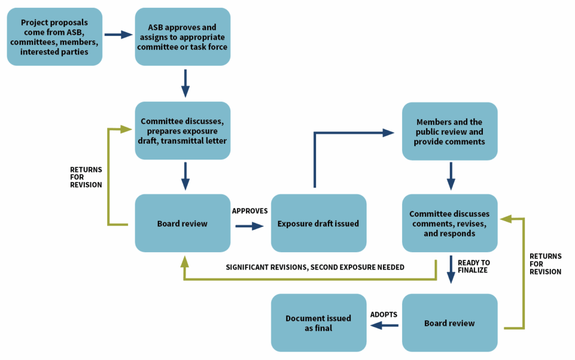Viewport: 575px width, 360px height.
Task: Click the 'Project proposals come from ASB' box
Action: click(x=54, y=37)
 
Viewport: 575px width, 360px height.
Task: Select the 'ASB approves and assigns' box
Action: click(x=182, y=37)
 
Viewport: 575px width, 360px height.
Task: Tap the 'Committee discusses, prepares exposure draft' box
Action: click(x=182, y=130)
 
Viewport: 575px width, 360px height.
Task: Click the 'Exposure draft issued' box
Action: click(x=318, y=223)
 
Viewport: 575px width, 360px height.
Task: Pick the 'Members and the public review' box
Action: click(x=450, y=130)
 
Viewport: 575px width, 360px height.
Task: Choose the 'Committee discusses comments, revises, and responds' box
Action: click(x=450, y=223)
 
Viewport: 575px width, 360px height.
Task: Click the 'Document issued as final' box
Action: click(x=318, y=322)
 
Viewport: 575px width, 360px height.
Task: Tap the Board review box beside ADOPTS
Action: click(x=450, y=322)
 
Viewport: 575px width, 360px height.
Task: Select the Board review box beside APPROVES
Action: click(x=182, y=223)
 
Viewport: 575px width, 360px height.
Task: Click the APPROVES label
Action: click(x=250, y=211)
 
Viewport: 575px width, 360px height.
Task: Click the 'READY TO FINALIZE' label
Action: click(x=473, y=266)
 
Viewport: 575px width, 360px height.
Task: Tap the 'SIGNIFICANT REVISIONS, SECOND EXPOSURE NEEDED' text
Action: click(x=315, y=267)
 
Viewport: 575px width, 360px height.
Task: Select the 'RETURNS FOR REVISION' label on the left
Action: click(x=85, y=176)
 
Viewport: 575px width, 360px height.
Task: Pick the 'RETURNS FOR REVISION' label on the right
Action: click(x=545, y=263)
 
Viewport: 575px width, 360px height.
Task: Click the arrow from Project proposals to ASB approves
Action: click(x=118, y=35)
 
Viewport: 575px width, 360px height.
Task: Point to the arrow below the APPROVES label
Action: click(x=250, y=226)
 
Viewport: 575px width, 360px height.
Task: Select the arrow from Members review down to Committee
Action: click(x=451, y=176)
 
